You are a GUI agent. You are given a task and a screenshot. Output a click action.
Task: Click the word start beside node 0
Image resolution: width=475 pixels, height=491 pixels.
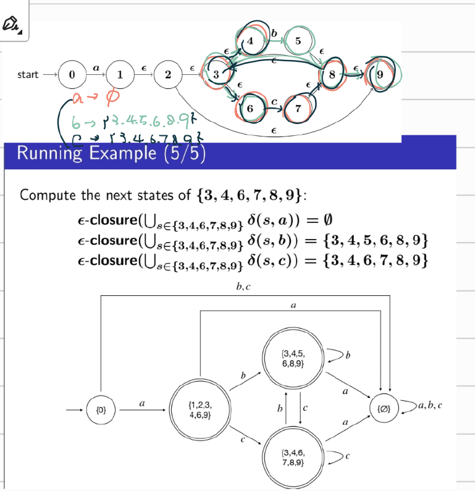point(28,75)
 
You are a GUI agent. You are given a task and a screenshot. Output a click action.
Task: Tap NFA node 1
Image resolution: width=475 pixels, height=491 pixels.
point(119,75)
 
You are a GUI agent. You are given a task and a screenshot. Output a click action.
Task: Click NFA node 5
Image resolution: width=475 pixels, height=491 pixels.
point(298,41)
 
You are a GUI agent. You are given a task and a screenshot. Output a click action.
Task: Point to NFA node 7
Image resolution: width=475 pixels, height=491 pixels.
point(298,108)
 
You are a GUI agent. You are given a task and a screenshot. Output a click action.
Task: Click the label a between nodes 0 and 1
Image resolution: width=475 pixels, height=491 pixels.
point(95,65)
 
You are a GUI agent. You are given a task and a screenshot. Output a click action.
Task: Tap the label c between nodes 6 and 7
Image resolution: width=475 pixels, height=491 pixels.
point(273,100)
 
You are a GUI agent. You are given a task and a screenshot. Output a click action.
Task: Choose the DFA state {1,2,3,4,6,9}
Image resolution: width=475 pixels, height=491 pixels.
point(201,409)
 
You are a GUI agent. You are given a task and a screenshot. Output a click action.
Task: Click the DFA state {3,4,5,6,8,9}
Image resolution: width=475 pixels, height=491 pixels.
point(292,359)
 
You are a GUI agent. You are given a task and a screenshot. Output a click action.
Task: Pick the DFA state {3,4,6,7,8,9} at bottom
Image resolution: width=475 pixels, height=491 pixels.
point(292,458)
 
